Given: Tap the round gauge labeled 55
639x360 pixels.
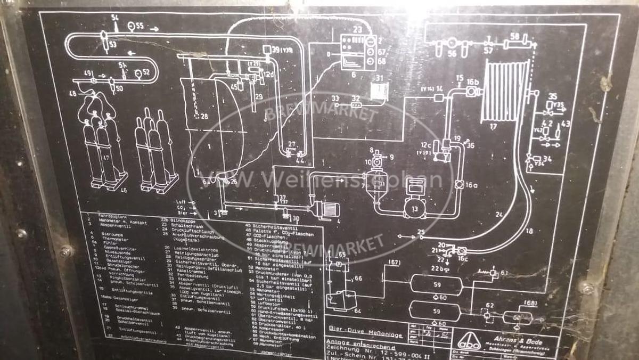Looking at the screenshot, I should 132,26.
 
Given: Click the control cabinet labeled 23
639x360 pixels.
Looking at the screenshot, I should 358,52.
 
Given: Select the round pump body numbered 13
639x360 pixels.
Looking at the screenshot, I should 415,207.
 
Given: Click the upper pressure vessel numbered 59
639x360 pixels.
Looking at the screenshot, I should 437,285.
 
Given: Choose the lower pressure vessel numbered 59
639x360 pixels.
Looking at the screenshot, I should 437,311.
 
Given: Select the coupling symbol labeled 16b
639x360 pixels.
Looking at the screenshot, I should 471,91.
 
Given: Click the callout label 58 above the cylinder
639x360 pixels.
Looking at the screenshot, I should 514,36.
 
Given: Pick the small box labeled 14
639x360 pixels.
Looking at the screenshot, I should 439,97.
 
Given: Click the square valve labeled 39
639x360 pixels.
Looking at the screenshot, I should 265,50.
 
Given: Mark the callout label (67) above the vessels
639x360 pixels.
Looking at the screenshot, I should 394,262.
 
